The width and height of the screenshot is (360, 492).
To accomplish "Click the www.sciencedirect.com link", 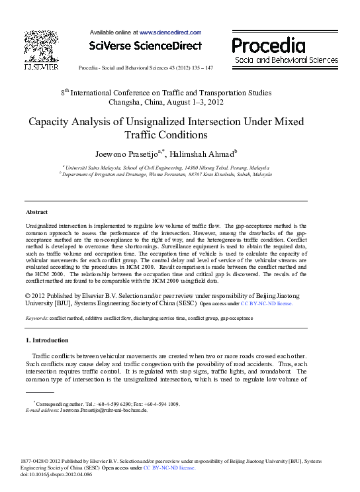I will tap(169, 32).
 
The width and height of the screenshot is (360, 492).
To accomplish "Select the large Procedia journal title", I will tap(268, 45).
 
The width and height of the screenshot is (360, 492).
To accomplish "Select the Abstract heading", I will tap(36, 212).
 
